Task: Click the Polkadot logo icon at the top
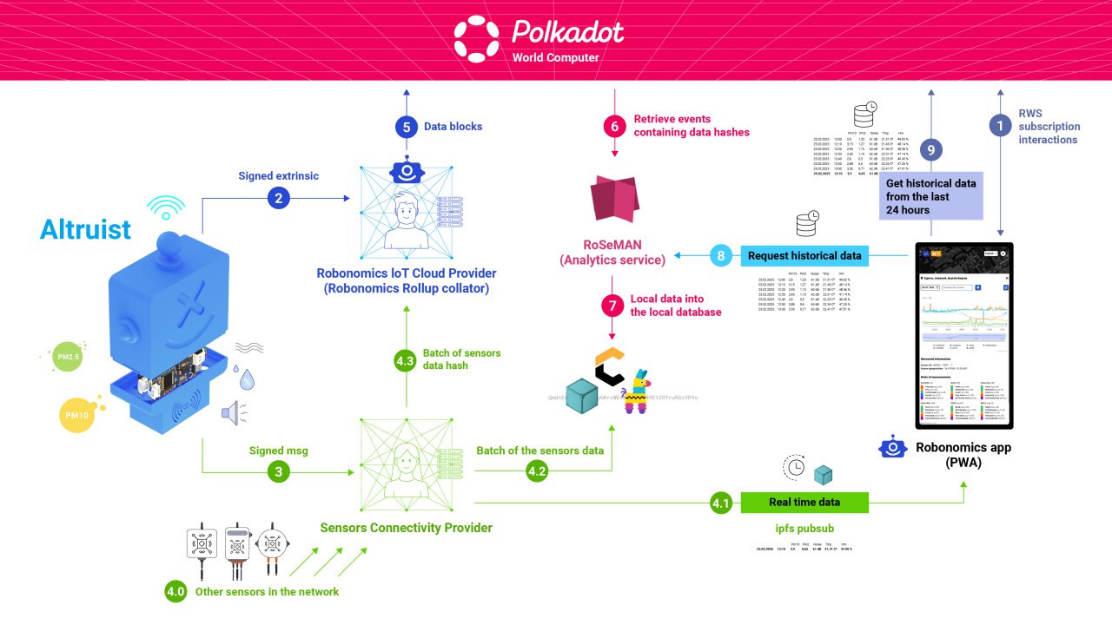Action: [x=477, y=39]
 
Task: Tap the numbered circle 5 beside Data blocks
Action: [x=406, y=127]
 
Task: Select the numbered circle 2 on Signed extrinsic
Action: [x=278, y=199]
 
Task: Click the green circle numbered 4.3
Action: [x=406, y=359]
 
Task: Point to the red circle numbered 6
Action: [x=614, y=127]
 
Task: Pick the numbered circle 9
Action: [x=931, y=150]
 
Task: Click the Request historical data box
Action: [x=804, y=255]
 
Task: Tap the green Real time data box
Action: [x=804, y=502]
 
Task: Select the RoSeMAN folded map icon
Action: [x=614, y=198]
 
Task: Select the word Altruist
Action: [x=85, y=229]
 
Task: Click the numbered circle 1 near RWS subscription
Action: [x=1001, y=126]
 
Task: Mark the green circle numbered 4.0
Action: [x=176, y=592]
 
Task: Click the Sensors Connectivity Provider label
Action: [x=406, y=528]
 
